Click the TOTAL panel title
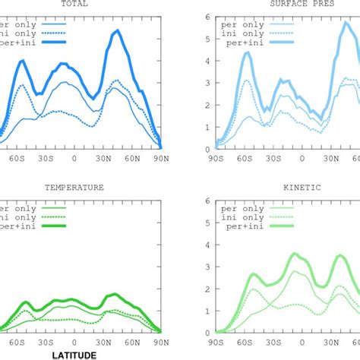(74, 4)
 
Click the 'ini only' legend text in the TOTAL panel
(22, 35)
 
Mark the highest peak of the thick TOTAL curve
(117, 31)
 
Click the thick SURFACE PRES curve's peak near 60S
(247, 52)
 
